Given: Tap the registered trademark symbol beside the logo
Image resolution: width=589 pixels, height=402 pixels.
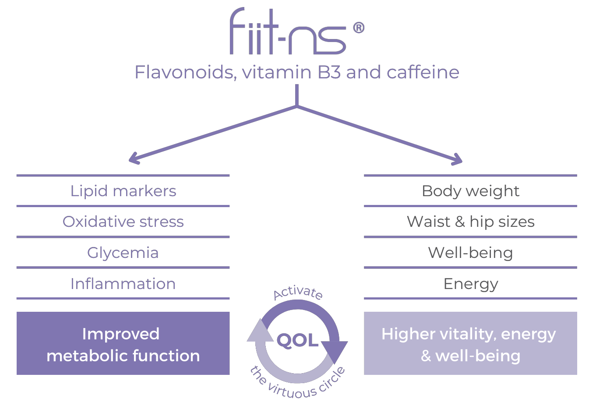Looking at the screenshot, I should [x=358, y=28].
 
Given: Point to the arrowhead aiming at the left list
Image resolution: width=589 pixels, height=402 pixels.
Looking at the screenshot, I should [x=134, y=159].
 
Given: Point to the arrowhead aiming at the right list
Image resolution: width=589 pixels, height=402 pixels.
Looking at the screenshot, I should [x=458, y=160].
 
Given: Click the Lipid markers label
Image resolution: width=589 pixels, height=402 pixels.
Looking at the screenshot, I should [x=123, y=191].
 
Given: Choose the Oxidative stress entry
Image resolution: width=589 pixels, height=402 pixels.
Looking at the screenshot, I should [x=123, y=222].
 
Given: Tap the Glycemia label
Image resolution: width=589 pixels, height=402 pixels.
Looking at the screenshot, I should [x=123, y=253].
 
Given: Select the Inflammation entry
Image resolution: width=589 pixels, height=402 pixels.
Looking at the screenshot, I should [x=123, y=284].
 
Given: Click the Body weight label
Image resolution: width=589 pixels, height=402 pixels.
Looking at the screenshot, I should [x=470, y=191].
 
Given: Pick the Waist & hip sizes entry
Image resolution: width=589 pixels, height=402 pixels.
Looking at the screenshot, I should [x=470, y=222].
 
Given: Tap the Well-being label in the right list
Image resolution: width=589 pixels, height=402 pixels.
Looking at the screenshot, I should [x=470, y=253].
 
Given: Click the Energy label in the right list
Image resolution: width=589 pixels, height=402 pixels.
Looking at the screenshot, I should [x=470, y=284].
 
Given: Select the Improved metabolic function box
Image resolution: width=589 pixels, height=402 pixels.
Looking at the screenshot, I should [x=123, y=343].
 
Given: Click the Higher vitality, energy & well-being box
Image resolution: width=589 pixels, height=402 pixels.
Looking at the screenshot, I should [x=470, y=343].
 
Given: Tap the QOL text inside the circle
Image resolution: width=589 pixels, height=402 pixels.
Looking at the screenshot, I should [x=298, y=340].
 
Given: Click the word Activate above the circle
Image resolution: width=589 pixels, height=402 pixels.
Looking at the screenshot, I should [x=298, y=293].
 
